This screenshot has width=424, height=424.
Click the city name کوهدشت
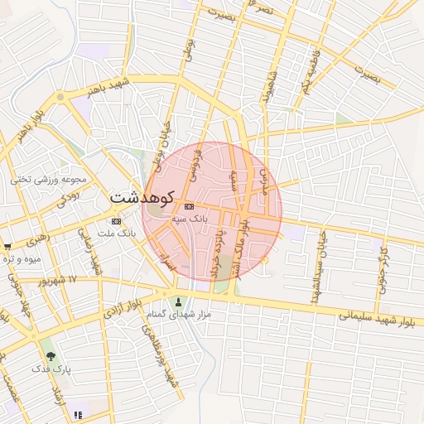(142, 199)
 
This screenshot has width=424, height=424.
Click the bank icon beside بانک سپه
(190, 205)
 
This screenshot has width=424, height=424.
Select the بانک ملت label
(115, 234)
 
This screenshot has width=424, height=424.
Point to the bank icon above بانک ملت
(115, 221)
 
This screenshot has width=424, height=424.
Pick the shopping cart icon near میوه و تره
(7, 246)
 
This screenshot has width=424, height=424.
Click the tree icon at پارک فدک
(51, 355)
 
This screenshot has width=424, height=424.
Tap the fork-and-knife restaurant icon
(78, 415)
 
